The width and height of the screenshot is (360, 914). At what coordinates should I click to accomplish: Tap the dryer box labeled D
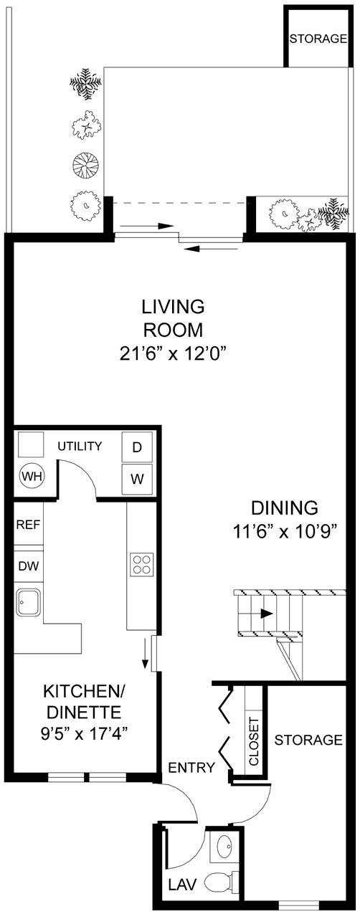(136, 447)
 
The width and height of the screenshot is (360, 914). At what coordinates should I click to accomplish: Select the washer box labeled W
(136, 478)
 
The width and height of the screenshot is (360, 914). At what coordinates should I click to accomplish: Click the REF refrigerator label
(28, 523)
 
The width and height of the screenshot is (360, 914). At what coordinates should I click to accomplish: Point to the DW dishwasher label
(28, 565)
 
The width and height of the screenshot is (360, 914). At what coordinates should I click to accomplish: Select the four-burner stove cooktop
(141, 564)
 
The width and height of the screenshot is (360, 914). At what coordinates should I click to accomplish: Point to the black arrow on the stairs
(265, 614)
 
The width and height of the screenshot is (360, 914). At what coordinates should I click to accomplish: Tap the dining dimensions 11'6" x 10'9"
(284, 532)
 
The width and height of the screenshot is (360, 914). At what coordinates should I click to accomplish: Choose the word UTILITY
(80, 447)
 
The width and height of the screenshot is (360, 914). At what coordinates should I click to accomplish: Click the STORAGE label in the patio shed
(318, 39)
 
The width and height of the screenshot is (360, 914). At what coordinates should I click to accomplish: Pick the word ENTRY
(191, 768)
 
